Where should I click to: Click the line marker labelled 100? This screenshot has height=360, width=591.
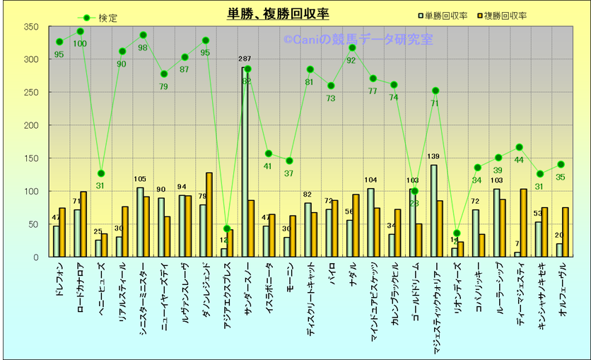pos(80,32)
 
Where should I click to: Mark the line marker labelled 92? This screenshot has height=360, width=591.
pos(352,48)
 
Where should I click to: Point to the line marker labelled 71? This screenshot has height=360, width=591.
pos(435,91)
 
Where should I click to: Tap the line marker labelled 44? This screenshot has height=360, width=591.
pos(519,147)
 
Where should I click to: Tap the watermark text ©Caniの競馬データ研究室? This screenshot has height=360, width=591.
pos(358,41)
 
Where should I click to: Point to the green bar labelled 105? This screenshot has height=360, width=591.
pos(140,222)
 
